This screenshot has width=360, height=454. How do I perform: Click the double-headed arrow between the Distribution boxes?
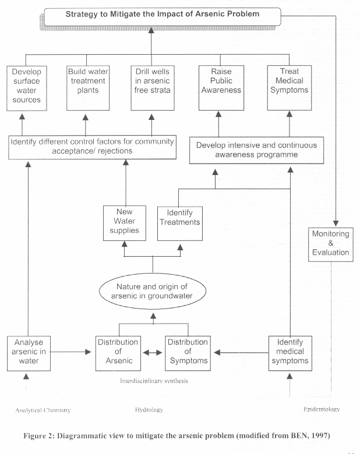point(153,353)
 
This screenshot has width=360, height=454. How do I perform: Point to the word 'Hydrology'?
point(149,410)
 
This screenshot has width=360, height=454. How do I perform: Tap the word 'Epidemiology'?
point(322,409)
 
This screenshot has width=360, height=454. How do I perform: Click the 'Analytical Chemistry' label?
point(43,410)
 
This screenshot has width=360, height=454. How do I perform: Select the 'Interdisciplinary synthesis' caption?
point(154,381)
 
